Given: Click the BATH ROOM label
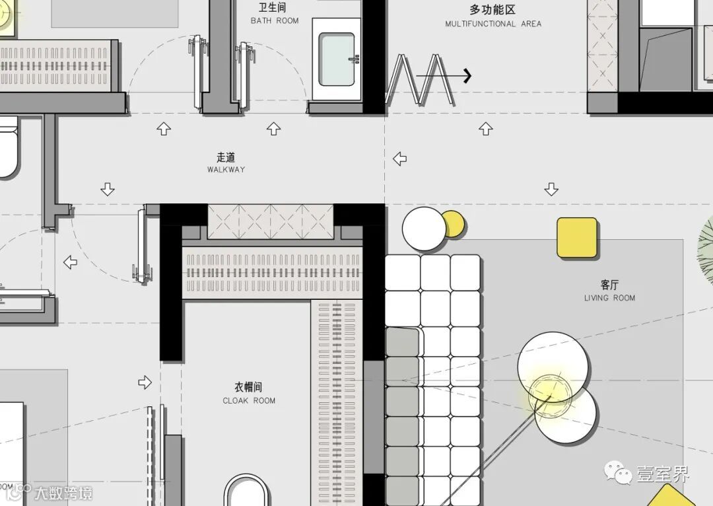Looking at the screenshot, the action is (275, 20).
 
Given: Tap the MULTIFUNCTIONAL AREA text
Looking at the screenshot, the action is (492, 24).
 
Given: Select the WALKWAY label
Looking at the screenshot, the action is (226, 169).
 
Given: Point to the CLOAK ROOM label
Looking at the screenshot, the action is (249, 400).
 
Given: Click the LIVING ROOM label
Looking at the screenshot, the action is (609, 298).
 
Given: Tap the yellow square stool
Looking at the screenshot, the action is (577, 238).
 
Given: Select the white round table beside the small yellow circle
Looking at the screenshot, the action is (424, 229).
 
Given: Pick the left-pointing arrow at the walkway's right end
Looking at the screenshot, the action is (399, 159).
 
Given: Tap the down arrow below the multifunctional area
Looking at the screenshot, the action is (551, 190).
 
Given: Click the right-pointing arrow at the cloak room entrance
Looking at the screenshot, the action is (145, 382).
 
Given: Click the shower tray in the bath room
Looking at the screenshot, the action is (337, 59).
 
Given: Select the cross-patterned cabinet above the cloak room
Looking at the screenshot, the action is (271, 221).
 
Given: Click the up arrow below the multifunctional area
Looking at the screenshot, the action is (486, 129).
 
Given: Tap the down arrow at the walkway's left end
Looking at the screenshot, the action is (108, 190).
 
